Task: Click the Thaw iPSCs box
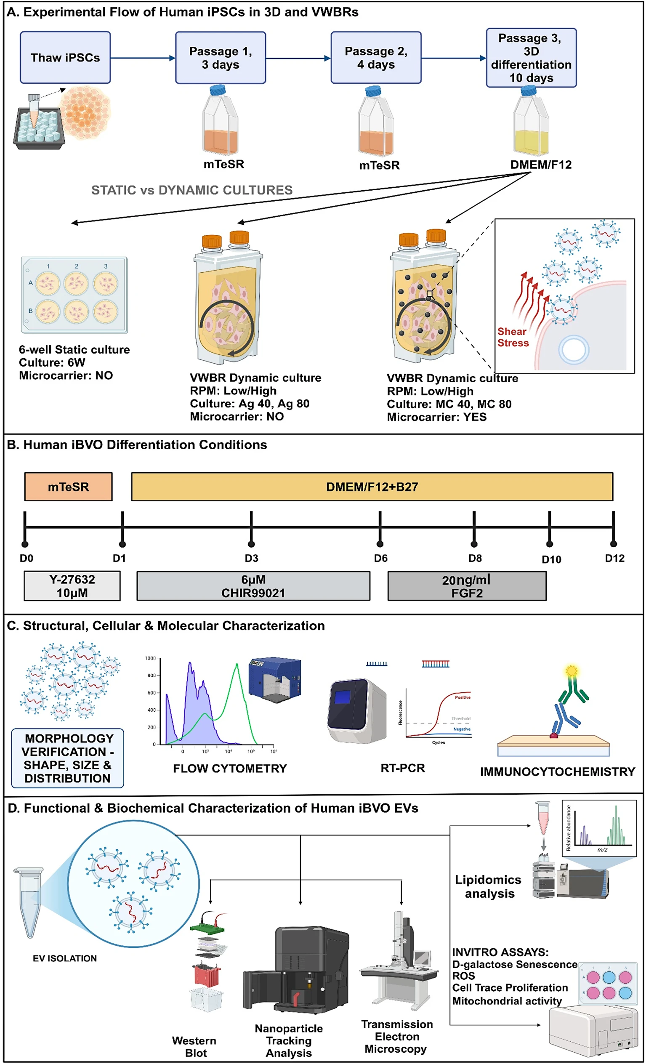tap(65, 57)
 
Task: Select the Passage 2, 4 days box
tap(376, 57)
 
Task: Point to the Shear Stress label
tap(513, 337)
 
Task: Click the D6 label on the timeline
tap(380, 559)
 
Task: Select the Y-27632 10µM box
tap(72, 586)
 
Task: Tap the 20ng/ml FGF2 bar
tap(466, 586)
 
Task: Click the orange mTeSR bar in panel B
tap(68, 487)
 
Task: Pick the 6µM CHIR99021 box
tap(253, 586)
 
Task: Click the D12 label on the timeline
tap(614, 559)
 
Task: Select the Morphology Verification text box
tap(68, 758)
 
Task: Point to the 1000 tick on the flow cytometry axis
tap(150, 658)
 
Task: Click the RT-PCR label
tap(402, 768)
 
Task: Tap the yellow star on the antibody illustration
tap(571, 670)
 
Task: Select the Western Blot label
tap(194, 1047)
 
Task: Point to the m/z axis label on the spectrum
tap(602, 849)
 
